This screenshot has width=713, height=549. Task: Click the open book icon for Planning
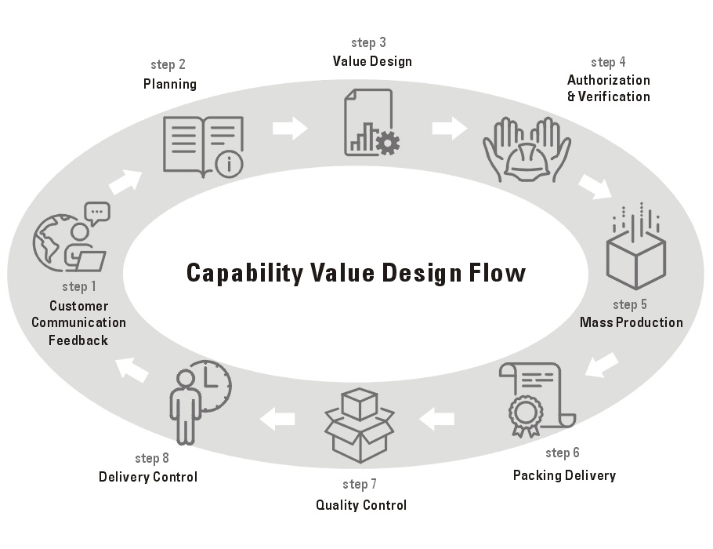coord(202,144)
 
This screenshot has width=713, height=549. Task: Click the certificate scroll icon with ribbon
coord(537,398)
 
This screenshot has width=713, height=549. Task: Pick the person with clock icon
coord(199,400)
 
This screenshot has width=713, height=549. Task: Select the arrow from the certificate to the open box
coord(436,420)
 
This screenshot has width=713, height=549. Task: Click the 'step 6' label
coord(563,453)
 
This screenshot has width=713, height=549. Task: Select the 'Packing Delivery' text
coord(564,475)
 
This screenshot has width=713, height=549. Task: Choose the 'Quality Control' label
coord(361,505)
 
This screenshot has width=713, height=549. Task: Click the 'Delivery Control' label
coord(148,477)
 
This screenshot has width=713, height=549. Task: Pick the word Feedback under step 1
coord(78,340)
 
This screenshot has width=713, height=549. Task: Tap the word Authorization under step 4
coord(609,80)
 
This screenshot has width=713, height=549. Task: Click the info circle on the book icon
coord(230,163)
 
